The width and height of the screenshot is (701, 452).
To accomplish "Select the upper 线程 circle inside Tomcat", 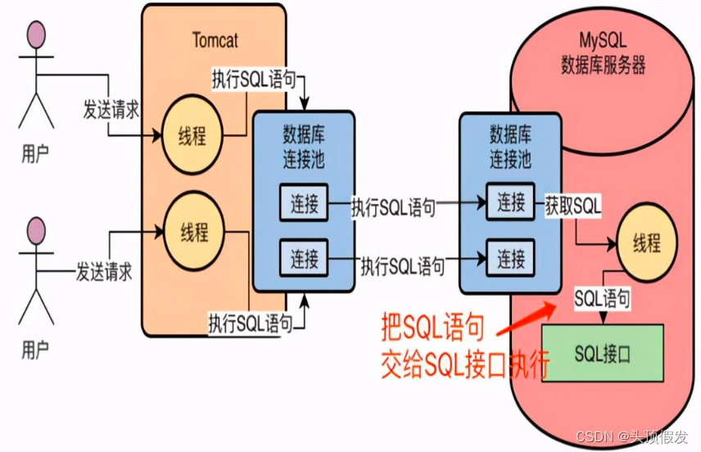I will tap(193, 135).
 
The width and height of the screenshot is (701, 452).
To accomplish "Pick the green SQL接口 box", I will tap(602, 354).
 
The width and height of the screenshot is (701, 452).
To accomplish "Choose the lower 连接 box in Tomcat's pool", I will tap(305, 260).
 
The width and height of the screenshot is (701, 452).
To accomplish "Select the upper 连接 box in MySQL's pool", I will tap(511, 201).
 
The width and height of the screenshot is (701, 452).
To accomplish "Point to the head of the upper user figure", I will tap(35, 35).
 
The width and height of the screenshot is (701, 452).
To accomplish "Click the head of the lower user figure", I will tap(35, 228).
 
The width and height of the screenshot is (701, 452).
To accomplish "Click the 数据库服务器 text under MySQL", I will tap(603, 65).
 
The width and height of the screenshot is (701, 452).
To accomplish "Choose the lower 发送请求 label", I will tap(104, 269).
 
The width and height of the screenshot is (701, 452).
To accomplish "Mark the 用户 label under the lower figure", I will tap(34, 350).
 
